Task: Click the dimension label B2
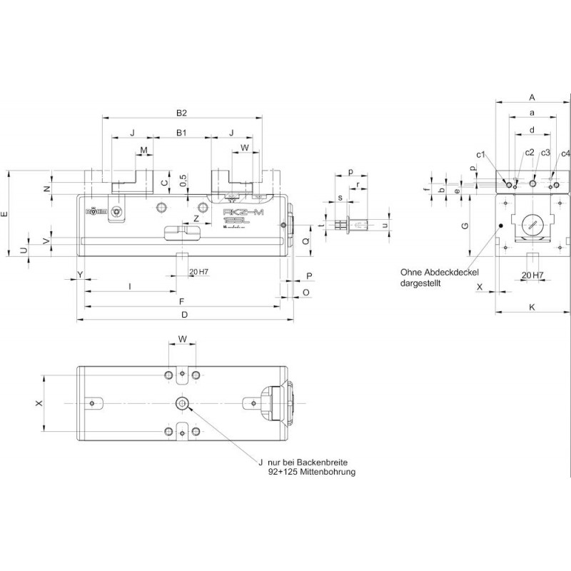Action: pos(181,113)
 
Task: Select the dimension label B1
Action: pos(181,133)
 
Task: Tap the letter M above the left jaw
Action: pos(144,150)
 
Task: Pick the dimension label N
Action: pos(46,188)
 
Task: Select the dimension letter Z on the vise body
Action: pos(196,218)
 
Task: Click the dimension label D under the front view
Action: pos(184,315)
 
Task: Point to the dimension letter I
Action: pos(129,286)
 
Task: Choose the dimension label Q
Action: pos(305,242)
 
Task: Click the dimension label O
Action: pos(305,293)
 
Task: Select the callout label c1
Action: pos(481,154)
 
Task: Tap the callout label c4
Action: pos(565,153)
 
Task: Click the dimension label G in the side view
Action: pos(464,226)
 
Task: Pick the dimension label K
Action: pos(532,307)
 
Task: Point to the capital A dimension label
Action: pos(532,97)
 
